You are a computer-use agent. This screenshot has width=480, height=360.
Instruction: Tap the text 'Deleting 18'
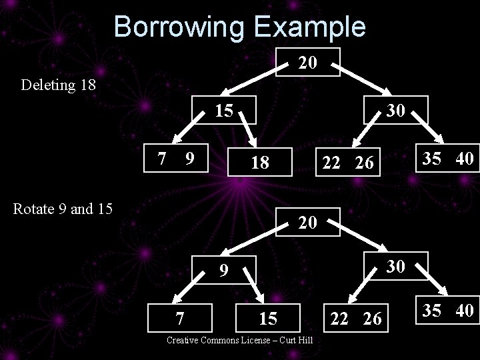59,85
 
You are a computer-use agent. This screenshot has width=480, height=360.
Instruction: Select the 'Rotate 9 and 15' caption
63,209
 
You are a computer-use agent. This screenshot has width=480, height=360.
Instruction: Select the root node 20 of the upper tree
307,63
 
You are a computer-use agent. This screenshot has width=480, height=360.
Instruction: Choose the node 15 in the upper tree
225,110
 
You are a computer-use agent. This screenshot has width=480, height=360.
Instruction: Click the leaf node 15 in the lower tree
268,318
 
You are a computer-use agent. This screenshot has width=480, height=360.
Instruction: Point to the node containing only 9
225,271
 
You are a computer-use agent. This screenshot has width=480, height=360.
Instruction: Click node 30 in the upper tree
395,110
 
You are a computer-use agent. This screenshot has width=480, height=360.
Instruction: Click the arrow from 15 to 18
247,128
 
